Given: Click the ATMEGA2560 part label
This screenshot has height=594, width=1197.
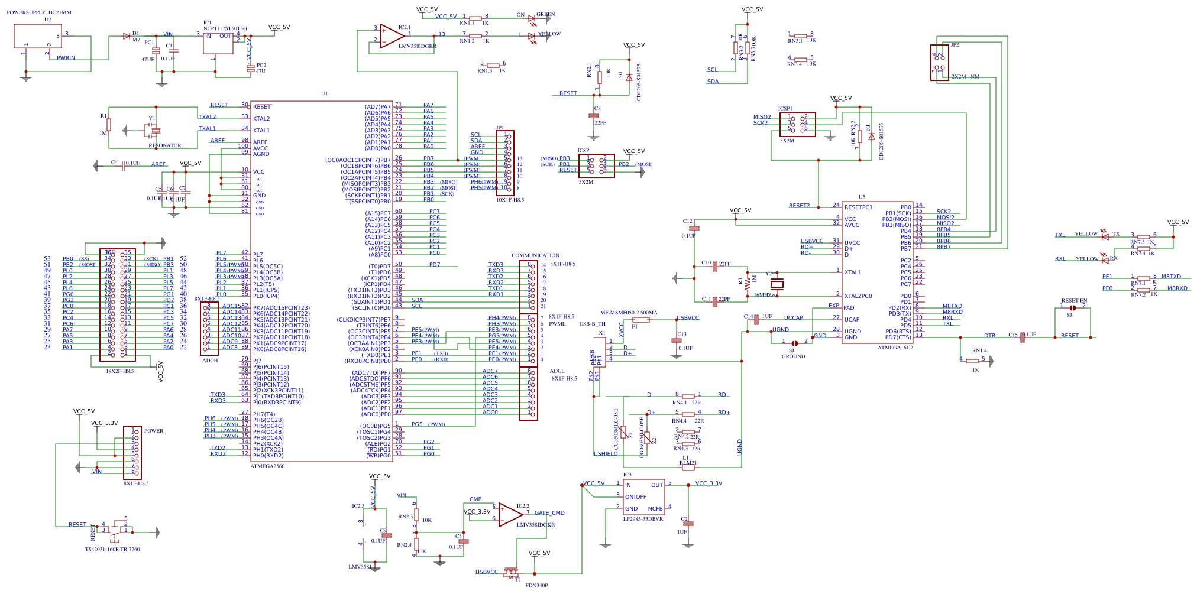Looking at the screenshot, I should [267, 466].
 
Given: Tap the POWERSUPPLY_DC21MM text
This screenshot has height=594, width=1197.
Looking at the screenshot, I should [39, 12].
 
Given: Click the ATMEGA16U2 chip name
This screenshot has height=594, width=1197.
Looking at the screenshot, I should [895, 348].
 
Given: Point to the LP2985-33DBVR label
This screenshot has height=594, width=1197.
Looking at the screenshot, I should [643, 519].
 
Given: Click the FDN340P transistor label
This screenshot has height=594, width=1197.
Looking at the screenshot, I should [536, 586].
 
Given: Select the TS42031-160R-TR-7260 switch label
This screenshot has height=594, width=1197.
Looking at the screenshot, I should [112, 550].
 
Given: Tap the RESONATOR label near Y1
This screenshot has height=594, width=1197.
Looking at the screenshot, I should [165, 145].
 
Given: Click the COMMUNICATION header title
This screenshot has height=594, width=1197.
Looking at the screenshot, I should [535, 255].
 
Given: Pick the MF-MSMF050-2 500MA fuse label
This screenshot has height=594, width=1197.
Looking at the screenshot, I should [629, 313].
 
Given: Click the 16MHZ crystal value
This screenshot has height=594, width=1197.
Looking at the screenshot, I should [762, 295].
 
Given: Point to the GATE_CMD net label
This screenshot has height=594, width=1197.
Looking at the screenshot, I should [549, 513].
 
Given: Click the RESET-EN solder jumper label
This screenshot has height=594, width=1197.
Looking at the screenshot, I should [1074, 301].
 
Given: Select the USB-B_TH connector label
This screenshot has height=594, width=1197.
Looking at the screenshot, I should [592, 324].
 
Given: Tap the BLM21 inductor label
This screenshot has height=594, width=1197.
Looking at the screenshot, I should [688, 463].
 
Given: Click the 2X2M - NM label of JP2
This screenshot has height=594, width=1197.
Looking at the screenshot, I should [965, 77].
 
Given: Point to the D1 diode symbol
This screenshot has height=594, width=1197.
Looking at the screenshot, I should [126, 36].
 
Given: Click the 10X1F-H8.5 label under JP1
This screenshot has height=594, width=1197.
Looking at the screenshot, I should [510, 200].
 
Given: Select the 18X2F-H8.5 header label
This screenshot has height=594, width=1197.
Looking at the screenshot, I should [119, 371].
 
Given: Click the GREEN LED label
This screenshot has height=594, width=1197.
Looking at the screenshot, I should [545, 14].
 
